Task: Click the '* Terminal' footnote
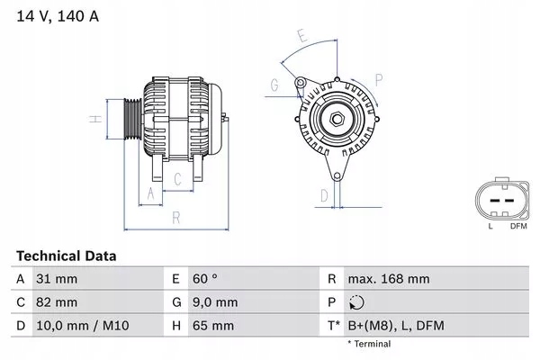point(369,344)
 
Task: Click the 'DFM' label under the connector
point(518,225)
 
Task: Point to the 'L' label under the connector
point(490,225)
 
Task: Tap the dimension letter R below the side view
point(176,217)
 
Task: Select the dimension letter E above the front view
point(302,37)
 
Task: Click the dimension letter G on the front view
point(274,85)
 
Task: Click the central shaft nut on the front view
point(334,120)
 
